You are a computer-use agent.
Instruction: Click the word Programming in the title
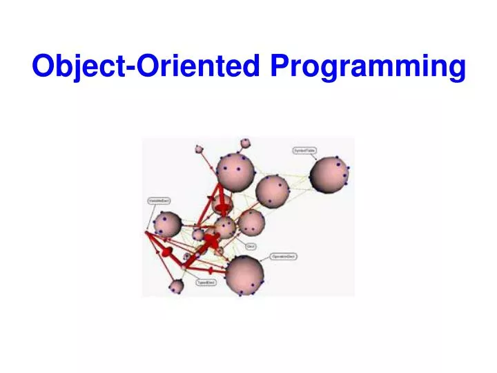point(368,66)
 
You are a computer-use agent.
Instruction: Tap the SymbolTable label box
point(304,150)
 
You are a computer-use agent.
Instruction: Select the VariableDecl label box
point(159,201)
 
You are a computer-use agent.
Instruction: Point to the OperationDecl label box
point(284,256)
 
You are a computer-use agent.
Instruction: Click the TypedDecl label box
point(205,283)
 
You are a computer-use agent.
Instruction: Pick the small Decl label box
point(251,246)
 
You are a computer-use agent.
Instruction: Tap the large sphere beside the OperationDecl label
point(244,274)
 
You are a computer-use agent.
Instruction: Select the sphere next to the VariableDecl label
point(167,224)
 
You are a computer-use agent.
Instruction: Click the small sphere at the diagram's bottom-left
point(177,285)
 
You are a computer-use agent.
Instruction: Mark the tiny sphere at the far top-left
point(199,149)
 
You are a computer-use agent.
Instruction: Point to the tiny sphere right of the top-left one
point(244,144)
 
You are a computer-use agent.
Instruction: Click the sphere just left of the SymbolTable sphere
point(273,191)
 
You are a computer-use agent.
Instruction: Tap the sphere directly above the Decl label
point(251,223)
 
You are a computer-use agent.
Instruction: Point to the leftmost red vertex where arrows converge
point(146,233)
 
